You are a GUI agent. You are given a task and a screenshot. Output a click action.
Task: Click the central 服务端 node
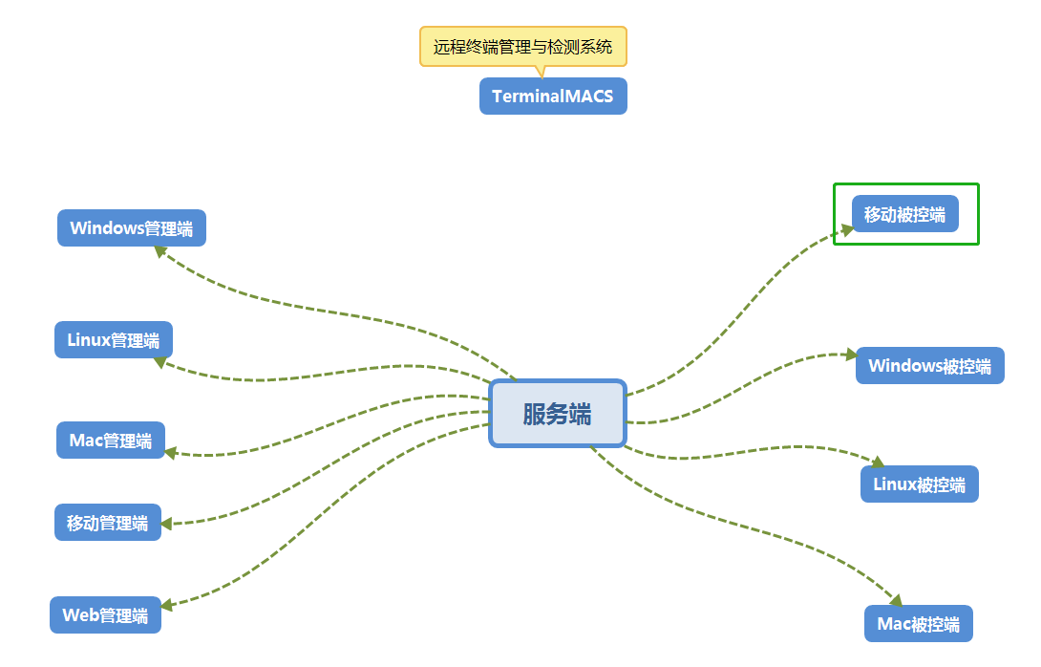click(557, 414)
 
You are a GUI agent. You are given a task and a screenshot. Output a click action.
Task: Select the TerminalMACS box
click(553, 97)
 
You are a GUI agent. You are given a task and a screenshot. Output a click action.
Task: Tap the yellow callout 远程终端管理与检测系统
click(522, 46)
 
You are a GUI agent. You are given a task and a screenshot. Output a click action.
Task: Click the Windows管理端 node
click(131, 228)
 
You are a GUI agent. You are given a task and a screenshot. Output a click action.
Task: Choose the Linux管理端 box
click(113, 340)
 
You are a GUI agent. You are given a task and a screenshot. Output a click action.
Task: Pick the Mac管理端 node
click(110, 441)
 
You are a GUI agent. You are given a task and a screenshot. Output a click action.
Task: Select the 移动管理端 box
click(107, 523)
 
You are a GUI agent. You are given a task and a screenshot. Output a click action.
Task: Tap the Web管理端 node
click(105, 615)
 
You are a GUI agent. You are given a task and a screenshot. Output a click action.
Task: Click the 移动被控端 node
click(904, 214)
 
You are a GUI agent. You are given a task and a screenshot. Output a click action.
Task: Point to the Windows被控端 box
click(929, 366)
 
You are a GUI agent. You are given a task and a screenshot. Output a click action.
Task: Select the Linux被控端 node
click(919, 484)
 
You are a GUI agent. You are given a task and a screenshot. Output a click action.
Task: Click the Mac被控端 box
click(918, 624)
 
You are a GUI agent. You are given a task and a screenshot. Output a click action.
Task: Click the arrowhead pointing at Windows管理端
click(161, 251)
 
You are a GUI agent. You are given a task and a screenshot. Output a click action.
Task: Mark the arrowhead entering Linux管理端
click(161, 362)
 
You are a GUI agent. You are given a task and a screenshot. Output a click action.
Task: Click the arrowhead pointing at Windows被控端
click(851, 355)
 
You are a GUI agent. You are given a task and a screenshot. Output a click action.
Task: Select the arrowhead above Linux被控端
click(878, 462)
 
